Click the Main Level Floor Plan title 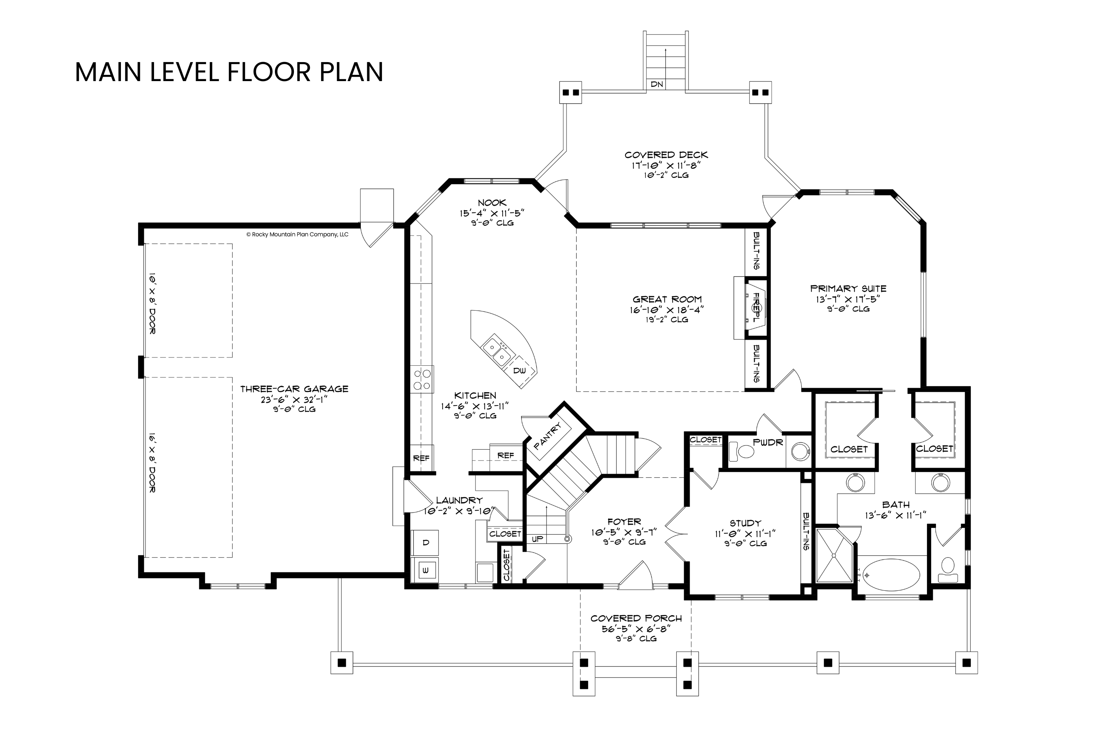coord(229,72)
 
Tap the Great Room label coord(667,299)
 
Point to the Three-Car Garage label coord(294,389)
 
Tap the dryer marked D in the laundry coord(426,543)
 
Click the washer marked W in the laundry coord(426,570)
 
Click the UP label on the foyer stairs coord(538,539)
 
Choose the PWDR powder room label coord(768,443)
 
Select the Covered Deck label coord(666,155)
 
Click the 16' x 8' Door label coord(152,463)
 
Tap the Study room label coord(745,523)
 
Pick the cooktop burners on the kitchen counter coord(422,379)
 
